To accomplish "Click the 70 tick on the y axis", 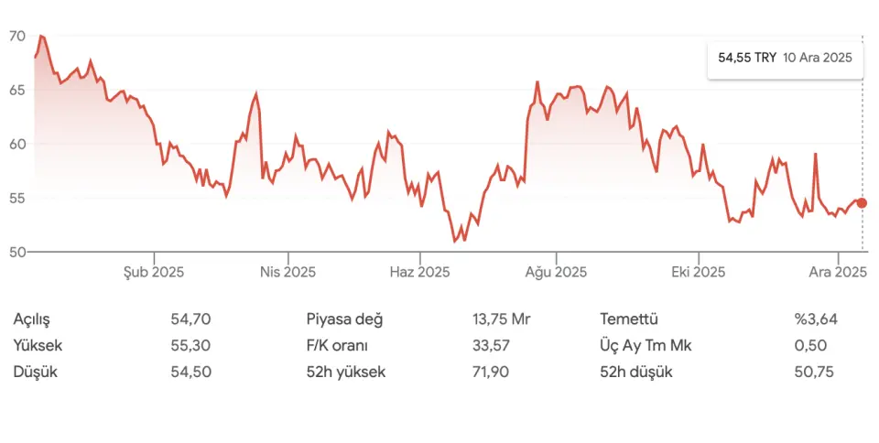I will (x=16, y=36).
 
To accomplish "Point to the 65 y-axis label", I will (x=16, y=90).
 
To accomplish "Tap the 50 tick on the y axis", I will (x=16, y=252).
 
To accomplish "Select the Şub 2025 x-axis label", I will (x=154, y=272).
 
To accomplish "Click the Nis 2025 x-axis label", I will (x=288, y=272).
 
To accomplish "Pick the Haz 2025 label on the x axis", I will (x=419, y=272).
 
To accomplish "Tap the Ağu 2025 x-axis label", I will (x=556, y=272).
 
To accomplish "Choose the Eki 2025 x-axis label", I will (x=698, y=272).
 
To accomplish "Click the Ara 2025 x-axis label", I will (x=838, y=272).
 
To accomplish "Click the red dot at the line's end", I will (x=862, y=203).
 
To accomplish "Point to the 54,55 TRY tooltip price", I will (x=747, y=58).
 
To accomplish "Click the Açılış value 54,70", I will (x=190, y=319).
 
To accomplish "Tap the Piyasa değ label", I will (x=344, y=319).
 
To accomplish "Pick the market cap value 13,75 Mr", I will (x=501, y=319).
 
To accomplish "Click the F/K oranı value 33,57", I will (x=491, y=346).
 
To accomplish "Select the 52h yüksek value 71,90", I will (x=491, y=373).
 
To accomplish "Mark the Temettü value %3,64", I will (x=816, y=319).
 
